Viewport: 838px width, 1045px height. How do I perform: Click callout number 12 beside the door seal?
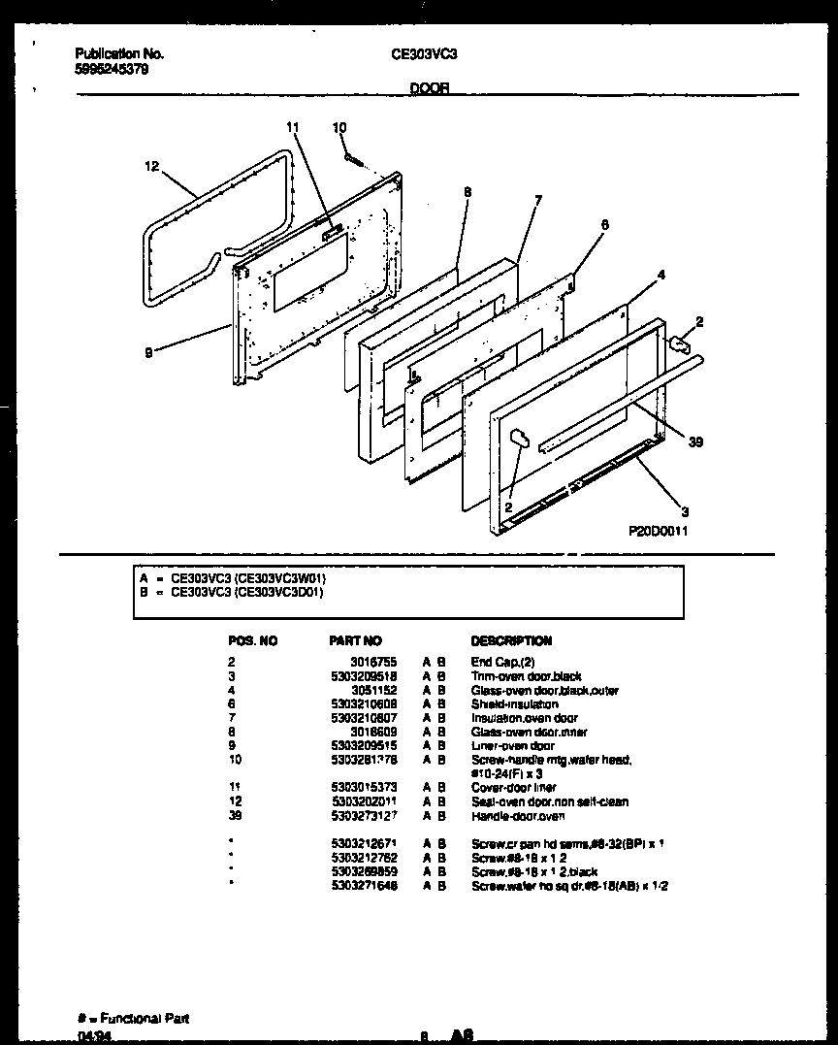click(150, 167)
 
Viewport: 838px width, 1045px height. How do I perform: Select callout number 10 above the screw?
click(338, 127)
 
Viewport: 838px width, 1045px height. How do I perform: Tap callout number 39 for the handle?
click(695, 442)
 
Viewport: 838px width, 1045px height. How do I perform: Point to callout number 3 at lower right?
click(685, 511)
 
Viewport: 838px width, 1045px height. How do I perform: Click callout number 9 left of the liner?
click(148, 354)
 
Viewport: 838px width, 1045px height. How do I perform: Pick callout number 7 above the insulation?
click(538, 201)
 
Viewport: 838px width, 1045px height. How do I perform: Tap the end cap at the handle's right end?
click(681, 342)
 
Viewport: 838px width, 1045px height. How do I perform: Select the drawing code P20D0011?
click(658, 532)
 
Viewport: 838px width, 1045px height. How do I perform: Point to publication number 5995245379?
click(112, 70)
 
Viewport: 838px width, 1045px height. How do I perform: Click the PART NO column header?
click(356, 640)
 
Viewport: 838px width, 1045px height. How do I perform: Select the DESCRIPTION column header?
click(511, 640)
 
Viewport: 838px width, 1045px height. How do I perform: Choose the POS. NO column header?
click(252, 640)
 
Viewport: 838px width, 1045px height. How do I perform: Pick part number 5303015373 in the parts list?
click(363, 788)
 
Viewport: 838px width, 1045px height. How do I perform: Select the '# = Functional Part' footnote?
click(133, 1018)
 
